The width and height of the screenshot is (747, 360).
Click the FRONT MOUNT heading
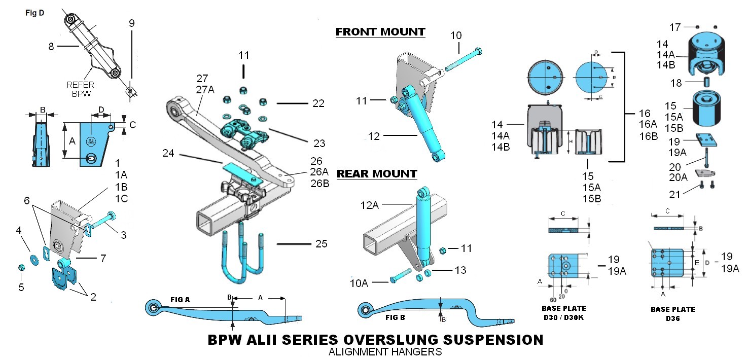coord(380,32)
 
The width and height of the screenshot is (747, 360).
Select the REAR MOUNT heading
coord(377,174)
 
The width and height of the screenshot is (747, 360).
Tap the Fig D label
coord(34,13)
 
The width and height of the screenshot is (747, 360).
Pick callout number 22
coord(318,103)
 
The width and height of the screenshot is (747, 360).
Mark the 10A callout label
coord(359,283)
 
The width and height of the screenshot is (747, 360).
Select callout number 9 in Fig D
coord(132,23)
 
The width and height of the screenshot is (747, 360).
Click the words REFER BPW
coord(80,90)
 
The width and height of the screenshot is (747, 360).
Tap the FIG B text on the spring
coord(395,318)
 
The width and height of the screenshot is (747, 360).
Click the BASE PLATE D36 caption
coord(672,313)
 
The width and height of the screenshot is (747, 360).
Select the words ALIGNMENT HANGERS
coord(385,351)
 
